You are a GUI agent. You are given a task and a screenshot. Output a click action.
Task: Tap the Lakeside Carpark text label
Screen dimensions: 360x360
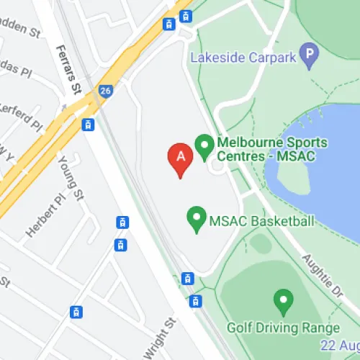[243, 55]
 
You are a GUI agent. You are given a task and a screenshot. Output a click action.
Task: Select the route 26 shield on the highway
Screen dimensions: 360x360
[106, 91]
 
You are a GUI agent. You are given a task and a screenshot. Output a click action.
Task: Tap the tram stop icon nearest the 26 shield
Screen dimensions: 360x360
[89, 125]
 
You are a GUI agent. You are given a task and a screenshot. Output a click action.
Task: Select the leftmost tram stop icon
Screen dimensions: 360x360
[75, 312]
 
